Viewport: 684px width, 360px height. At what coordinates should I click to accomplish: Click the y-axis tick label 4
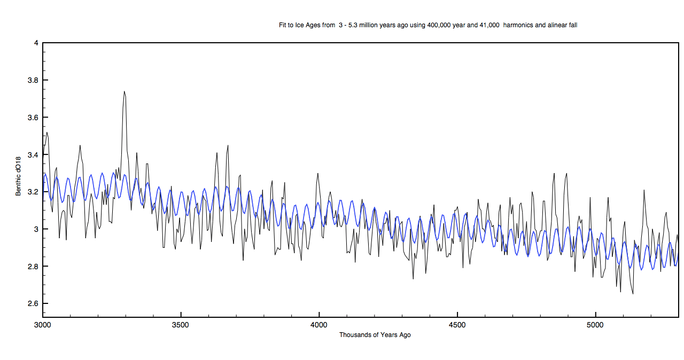pos(36,43)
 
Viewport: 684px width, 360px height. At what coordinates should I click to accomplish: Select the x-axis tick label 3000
pos(43,325)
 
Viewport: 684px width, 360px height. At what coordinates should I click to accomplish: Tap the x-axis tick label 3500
pos(181,325)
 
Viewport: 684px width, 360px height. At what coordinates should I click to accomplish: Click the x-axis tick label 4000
pos(319,325)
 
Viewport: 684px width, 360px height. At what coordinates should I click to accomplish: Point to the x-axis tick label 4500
pos(457,325)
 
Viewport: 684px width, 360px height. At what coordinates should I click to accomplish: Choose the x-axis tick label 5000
pos(595,325)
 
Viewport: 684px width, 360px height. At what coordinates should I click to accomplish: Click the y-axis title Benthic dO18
pos(18,176)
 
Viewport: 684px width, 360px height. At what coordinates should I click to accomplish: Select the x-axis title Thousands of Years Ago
pos(375,335)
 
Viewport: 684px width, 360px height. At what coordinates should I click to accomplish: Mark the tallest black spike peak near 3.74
pos(125,91)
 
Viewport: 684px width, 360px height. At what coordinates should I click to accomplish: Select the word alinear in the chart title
pos(556,25)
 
